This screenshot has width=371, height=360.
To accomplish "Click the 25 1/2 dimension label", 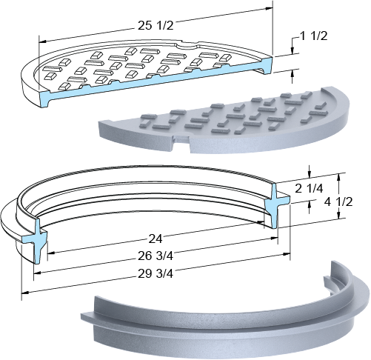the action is pos(156,25).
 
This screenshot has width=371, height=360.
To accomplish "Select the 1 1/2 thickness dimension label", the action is pos(313,36).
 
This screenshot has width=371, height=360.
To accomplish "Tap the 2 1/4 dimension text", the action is pos(309,189).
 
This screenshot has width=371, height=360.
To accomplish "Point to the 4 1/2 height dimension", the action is pos(338,202).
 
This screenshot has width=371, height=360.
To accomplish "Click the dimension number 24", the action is pos(155,239).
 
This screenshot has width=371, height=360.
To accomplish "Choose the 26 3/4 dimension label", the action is pos(156,256).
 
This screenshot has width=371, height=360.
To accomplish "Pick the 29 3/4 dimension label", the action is pos(156,273).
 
